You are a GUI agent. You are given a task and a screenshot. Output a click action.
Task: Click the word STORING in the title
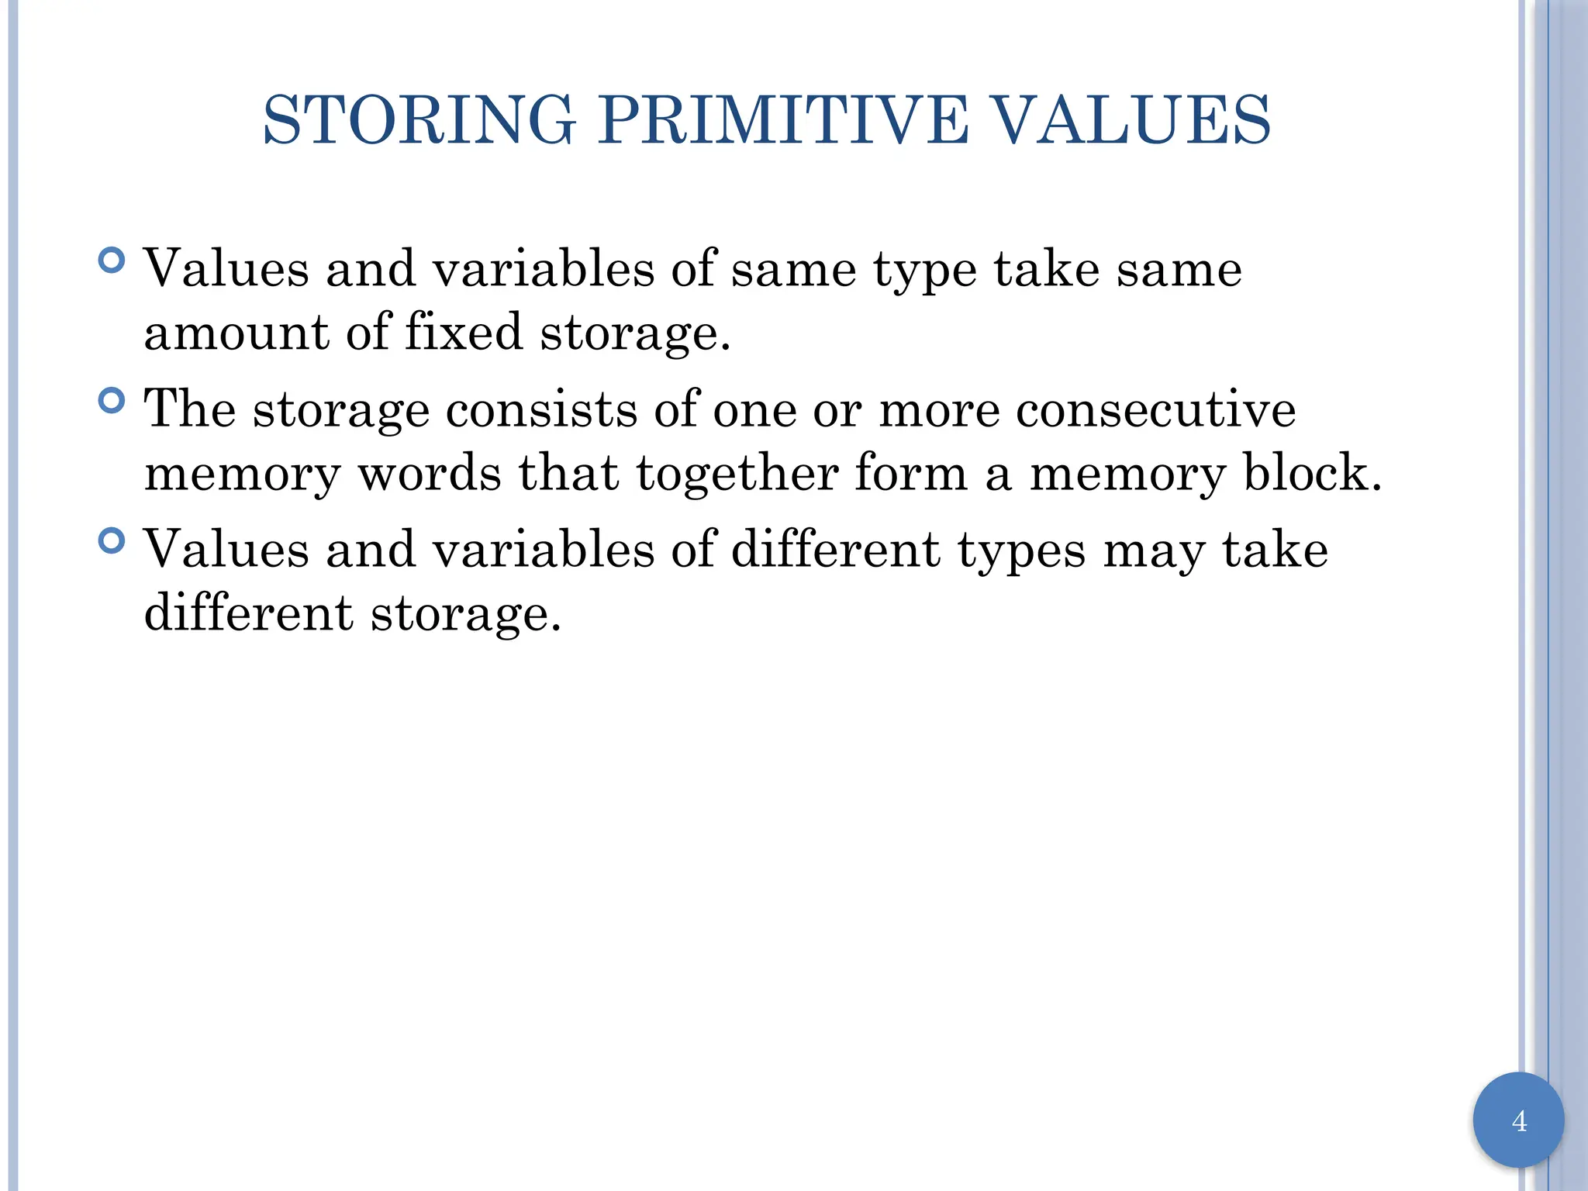tap(419, 120)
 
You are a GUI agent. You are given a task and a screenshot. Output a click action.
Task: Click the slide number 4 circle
tap(1518, 1120)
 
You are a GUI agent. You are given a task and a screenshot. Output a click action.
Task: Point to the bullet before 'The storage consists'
tap(112, 400)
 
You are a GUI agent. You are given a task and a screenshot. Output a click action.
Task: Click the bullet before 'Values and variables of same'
tap(112, 261)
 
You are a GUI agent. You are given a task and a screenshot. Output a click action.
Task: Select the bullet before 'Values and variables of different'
tap(112, 540)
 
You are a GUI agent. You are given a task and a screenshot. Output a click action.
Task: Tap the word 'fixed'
tap(464, 332)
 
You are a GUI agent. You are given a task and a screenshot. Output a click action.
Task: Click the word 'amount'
tap(236, 332)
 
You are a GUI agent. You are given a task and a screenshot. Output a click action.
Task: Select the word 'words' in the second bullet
tap(429, 473)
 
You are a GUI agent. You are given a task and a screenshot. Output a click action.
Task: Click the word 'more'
tap(939, 411)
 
